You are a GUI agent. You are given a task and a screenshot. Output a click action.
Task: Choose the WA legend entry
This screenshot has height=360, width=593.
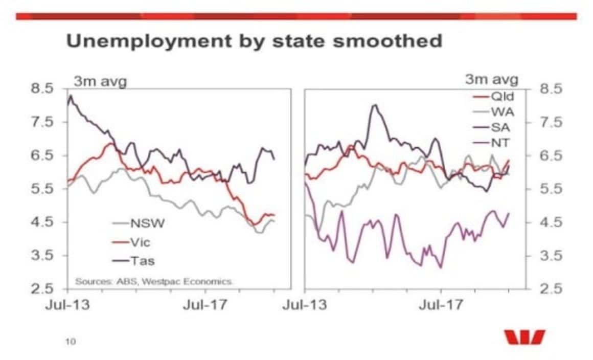click(x=500, y=112)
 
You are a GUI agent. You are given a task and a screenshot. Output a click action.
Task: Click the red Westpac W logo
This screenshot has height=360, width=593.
click(x=524, y=337)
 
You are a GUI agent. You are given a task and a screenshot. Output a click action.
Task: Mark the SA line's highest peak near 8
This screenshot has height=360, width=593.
click(x=375, y=105)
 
